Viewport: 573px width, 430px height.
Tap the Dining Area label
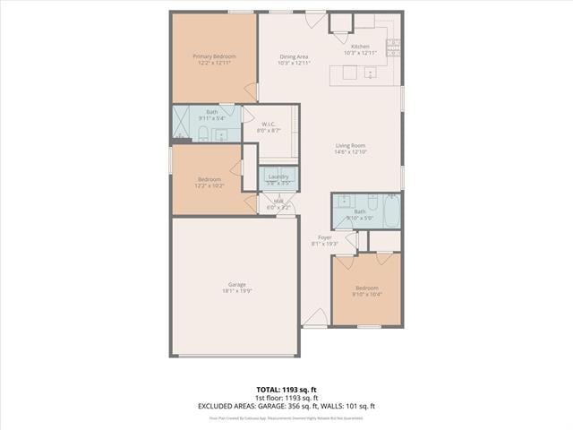pos(294,56)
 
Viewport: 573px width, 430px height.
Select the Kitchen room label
pos(360,47)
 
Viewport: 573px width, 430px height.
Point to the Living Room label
pos(350,145)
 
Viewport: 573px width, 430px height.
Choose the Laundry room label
pos(278,176)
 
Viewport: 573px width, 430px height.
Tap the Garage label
pos(236,285)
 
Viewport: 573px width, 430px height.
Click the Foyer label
pos(325,237)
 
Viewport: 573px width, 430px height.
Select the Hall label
pos(278,202)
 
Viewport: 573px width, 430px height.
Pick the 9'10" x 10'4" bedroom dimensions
pos(367,294)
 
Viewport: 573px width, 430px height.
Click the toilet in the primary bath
pos(203,134)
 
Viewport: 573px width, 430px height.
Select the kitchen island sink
pos(369,76)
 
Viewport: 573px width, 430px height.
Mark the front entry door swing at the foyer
pos(315,317)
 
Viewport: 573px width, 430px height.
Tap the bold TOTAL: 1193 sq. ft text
pos(286,390)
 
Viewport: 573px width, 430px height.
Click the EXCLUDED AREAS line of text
pos(286,406)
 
